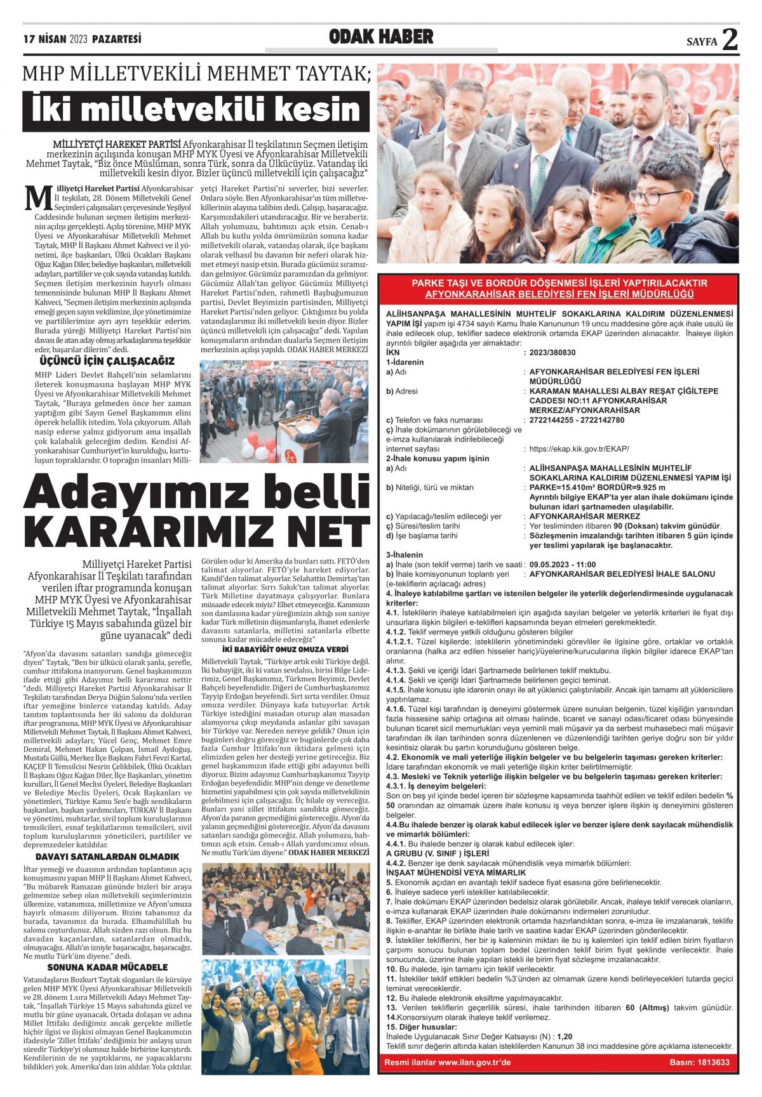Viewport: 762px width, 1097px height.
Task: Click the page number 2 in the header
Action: (x=730, y=40)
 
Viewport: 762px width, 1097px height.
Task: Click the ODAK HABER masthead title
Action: (x=381, y=37)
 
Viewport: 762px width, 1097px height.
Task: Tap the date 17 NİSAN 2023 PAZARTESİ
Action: (x=83, y=39)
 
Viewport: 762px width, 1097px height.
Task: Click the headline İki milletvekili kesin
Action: (x=196, y=110)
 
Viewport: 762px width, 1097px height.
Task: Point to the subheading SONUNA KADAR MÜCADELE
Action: (x=107, y=967)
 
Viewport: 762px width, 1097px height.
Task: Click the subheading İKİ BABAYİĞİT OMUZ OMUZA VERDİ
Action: (x=285, y=649)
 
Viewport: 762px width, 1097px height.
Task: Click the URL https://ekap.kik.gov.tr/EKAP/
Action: (x=578, y=449)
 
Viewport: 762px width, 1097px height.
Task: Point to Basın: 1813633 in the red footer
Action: (x=699, y=1062)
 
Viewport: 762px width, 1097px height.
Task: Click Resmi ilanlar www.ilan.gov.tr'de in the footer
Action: (x=448, y=1062)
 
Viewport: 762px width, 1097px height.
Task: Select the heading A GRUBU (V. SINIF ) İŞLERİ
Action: (x=429, y=853)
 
